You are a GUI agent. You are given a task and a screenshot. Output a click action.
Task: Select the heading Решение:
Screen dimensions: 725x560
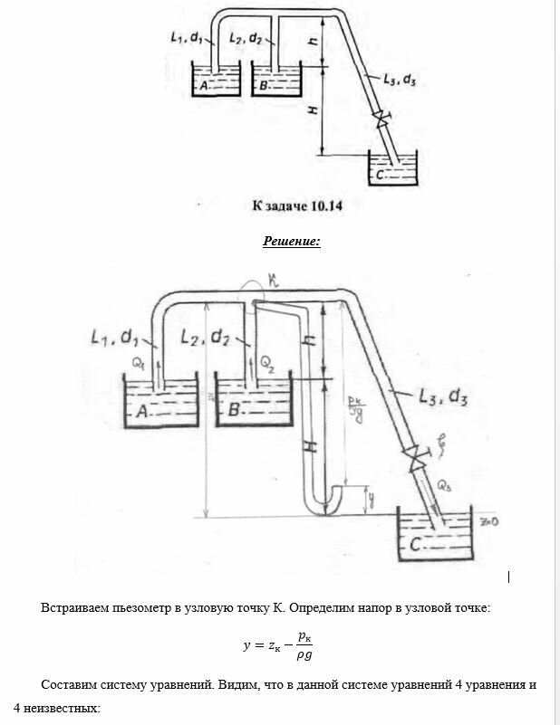(291, 242)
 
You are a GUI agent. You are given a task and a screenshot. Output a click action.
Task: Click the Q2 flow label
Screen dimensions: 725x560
(268, 362)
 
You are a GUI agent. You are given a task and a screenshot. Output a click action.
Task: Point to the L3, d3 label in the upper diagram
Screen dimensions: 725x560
(399, 81)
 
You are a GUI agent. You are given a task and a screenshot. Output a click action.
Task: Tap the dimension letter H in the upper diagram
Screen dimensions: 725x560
(313, 110)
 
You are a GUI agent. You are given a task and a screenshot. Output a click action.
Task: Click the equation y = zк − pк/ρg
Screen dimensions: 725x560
(280, 646)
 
